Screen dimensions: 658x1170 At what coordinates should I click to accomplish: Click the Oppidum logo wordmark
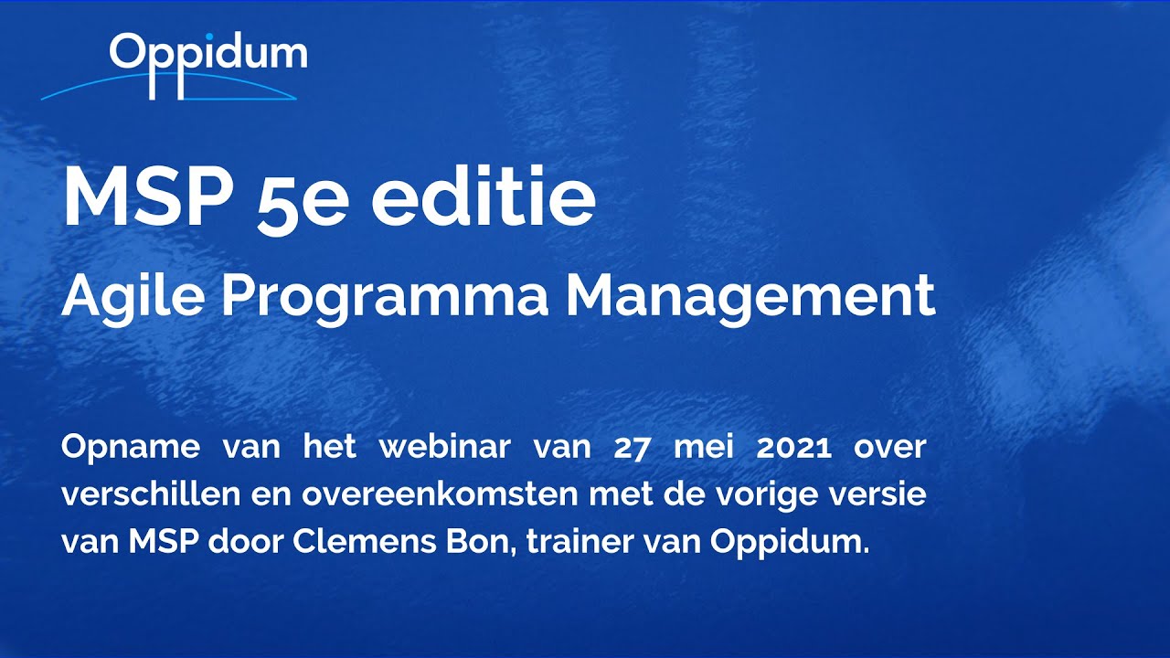point(208,57)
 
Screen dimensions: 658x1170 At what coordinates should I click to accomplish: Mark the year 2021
point(793,448)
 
